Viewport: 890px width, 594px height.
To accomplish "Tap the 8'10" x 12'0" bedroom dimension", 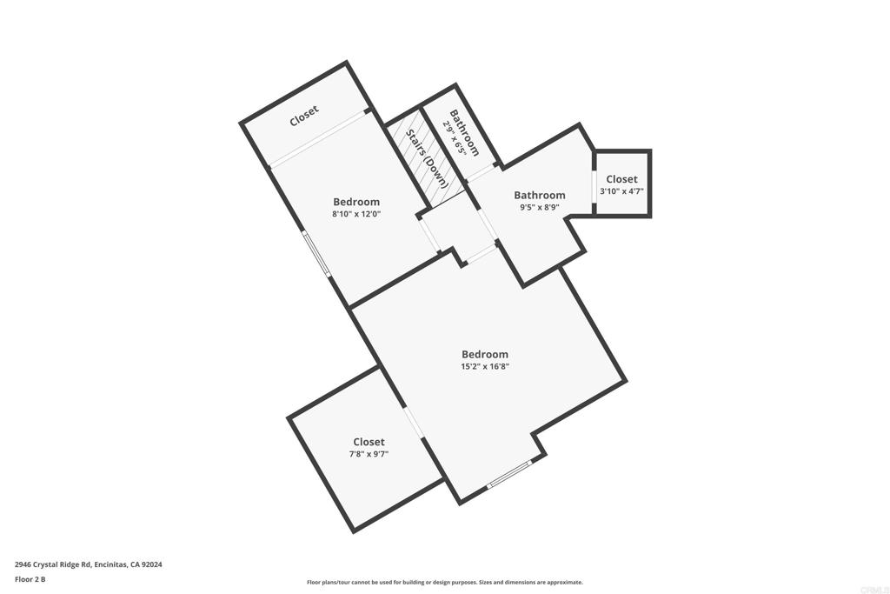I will click(x=356, y=214).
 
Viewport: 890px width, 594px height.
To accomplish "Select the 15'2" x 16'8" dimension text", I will click(x=485, y=367).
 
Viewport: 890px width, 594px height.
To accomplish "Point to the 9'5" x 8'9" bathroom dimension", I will click(x=539, y=208).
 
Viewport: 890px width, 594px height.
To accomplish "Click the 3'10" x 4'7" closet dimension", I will click(x=621, y=191).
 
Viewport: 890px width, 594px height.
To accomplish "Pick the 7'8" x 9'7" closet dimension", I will click(x=369, y=454).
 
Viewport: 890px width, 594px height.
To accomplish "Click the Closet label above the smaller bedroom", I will click(x=304, y=117).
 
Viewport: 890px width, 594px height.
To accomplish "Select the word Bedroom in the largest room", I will click(x=485, y=354).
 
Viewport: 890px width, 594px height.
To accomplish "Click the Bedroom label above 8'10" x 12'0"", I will click(x=356, y=202).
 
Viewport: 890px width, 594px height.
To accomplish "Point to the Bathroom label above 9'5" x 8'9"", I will click(x=539, y=196).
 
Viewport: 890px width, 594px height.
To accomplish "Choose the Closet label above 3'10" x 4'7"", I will click(x=621, y=179).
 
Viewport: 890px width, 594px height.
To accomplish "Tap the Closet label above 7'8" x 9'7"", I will click(x=369, y=442).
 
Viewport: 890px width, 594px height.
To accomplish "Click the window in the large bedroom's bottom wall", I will click(x=508, y=475).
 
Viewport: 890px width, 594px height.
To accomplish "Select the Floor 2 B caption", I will click(x=30, y=578).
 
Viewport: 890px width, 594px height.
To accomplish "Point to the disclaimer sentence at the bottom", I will click(x=444, y=583).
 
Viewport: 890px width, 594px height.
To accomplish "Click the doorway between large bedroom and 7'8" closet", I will click(x=414, y=422).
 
